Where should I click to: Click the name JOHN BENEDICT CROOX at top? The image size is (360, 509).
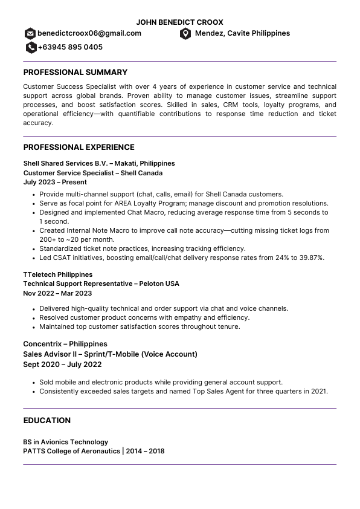(x=179, y=22)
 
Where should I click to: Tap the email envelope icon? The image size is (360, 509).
(x=30, y=33)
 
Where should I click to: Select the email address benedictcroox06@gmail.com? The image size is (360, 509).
(x=89, y=33)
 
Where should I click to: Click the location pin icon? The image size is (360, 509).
(x=185, y=33)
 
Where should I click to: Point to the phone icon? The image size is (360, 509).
(x=31, y=47)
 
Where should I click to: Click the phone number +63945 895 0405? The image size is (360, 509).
(x=70, y=47)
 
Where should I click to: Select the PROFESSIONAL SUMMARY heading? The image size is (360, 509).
(x=75, y=72)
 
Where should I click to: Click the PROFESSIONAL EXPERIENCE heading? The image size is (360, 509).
(x=79, y=147)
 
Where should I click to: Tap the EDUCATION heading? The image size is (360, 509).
(x=47, y=420)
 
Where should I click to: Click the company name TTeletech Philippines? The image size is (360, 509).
(x=58, y=274)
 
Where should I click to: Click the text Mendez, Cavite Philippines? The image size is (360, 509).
(x=242, y=33)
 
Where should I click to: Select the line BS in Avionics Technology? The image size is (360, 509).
(x=66, y=442)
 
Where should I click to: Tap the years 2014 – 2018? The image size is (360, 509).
(x=146, y=451)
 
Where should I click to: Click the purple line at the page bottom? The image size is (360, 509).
(x=179, y=464)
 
